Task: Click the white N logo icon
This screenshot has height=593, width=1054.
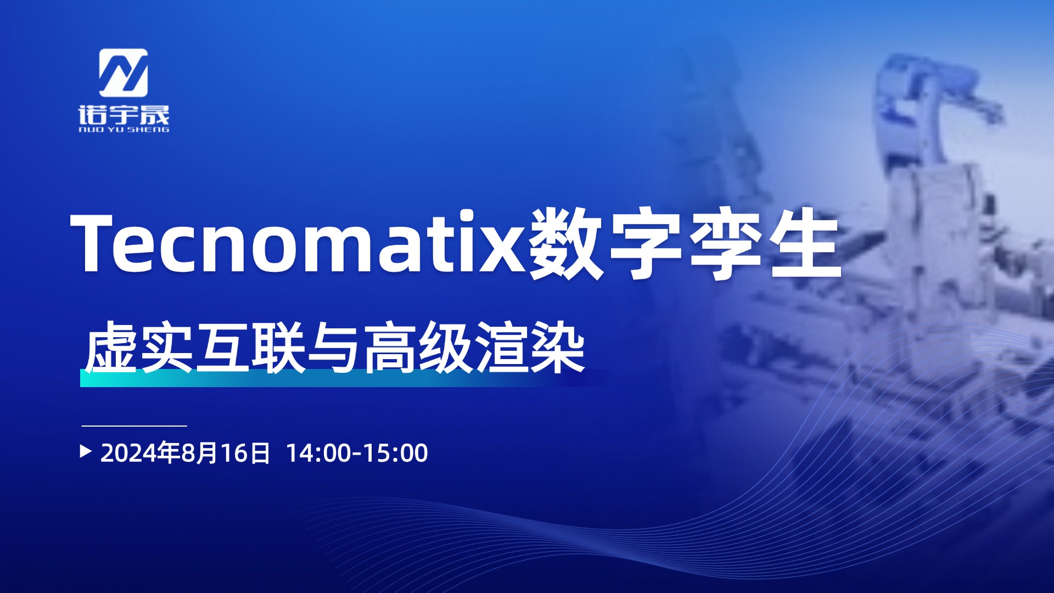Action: (123, 73)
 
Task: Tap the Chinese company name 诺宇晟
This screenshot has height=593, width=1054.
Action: (124, 115)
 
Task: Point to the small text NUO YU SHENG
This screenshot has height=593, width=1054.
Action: (124, 130)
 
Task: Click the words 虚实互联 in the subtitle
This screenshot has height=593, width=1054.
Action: (195, 348)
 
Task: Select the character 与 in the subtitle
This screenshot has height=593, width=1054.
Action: (334, 348)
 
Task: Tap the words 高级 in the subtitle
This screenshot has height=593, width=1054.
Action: (418, 348)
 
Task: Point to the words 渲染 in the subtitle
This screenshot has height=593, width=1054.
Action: (530, 348)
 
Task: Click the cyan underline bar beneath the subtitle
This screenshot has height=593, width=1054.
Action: (340, 378)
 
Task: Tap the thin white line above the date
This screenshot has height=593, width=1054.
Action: (134, 426)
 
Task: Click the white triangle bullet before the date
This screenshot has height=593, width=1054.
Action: (86, 451)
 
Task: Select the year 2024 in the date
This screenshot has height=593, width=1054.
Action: (128, 453)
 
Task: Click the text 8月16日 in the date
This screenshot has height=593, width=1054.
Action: (226, 453)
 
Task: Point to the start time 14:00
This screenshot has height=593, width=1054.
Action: (319, 453)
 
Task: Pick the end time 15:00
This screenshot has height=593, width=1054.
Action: (395, 453)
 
